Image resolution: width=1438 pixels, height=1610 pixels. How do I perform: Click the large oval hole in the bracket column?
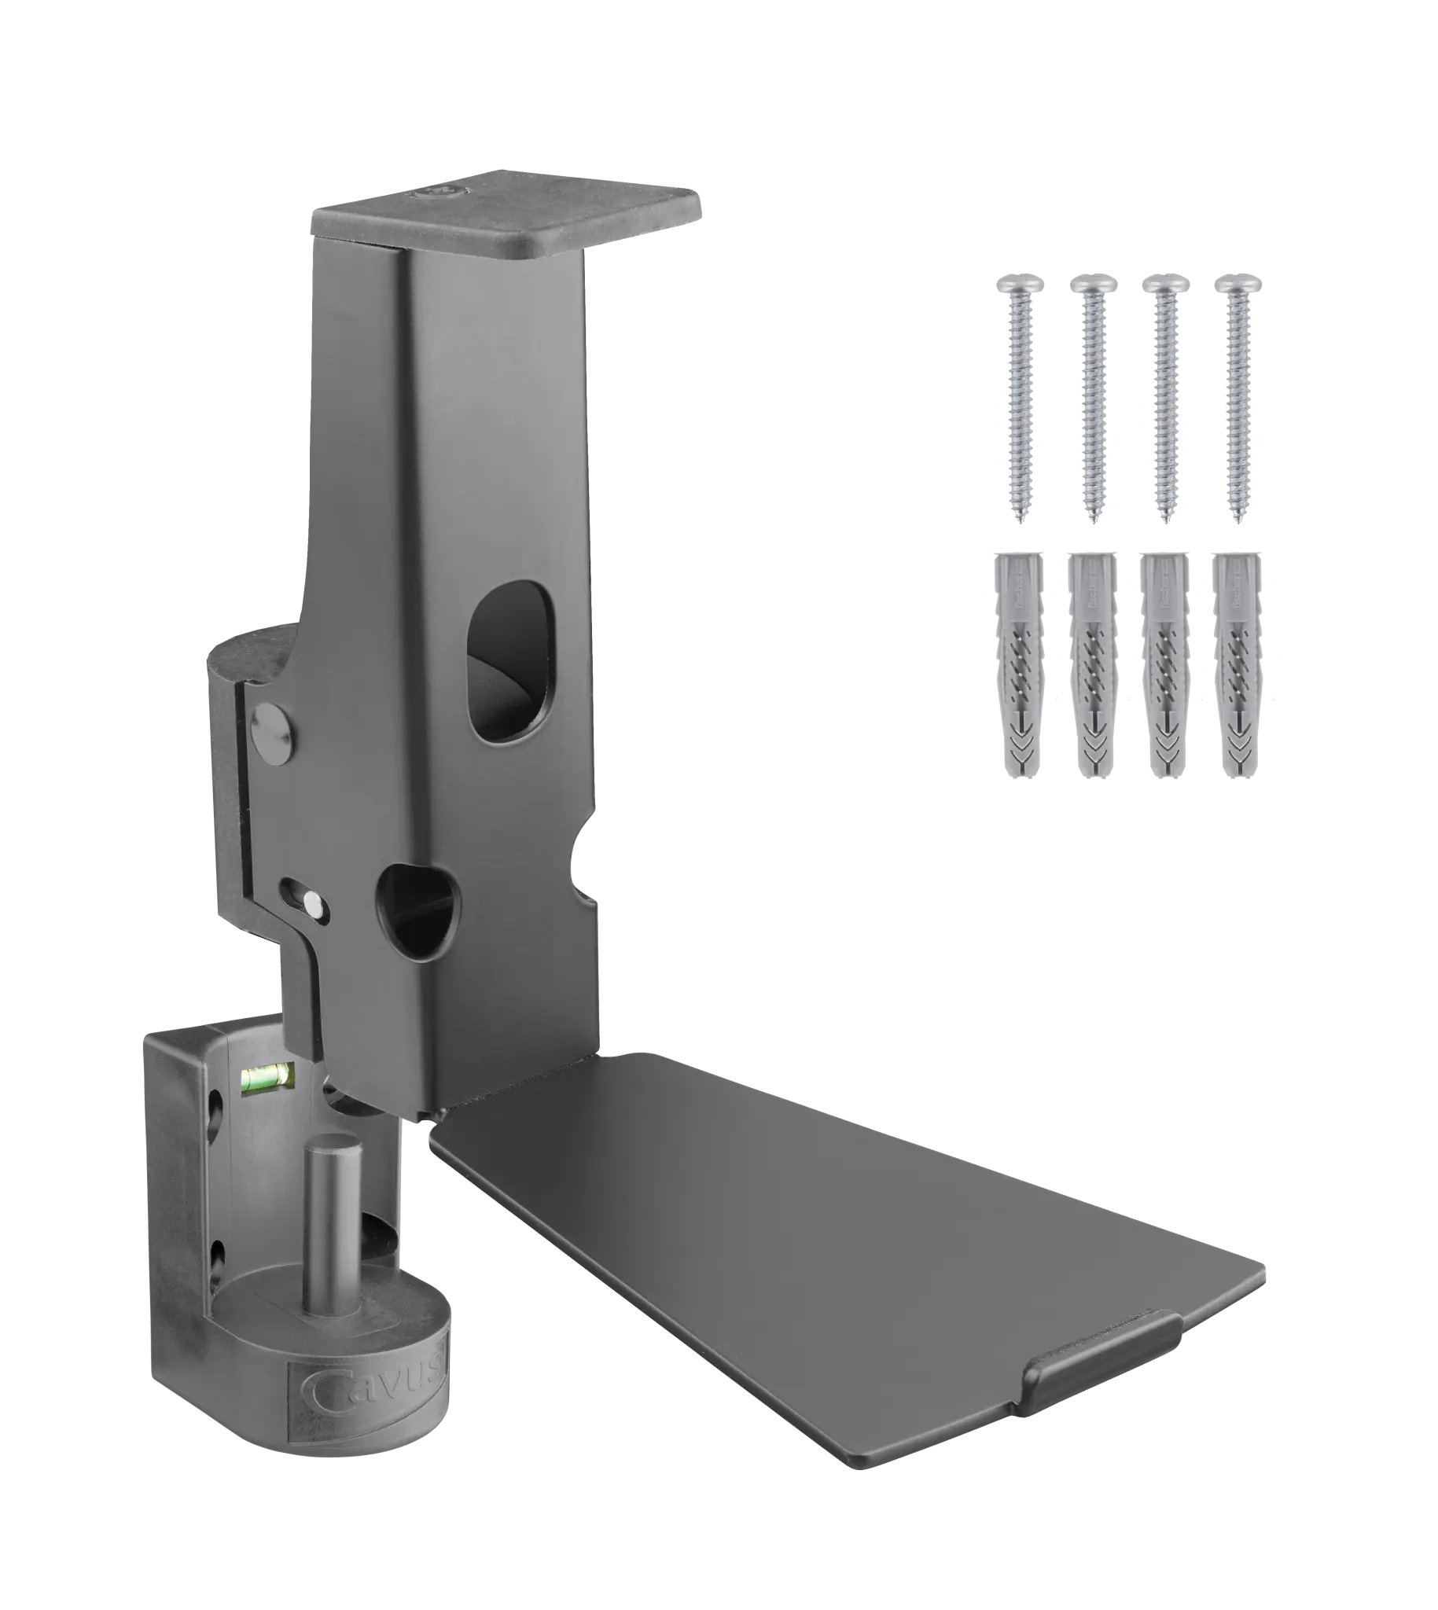[510, 661]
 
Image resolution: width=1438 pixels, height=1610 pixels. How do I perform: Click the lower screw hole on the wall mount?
[216, 1252]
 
